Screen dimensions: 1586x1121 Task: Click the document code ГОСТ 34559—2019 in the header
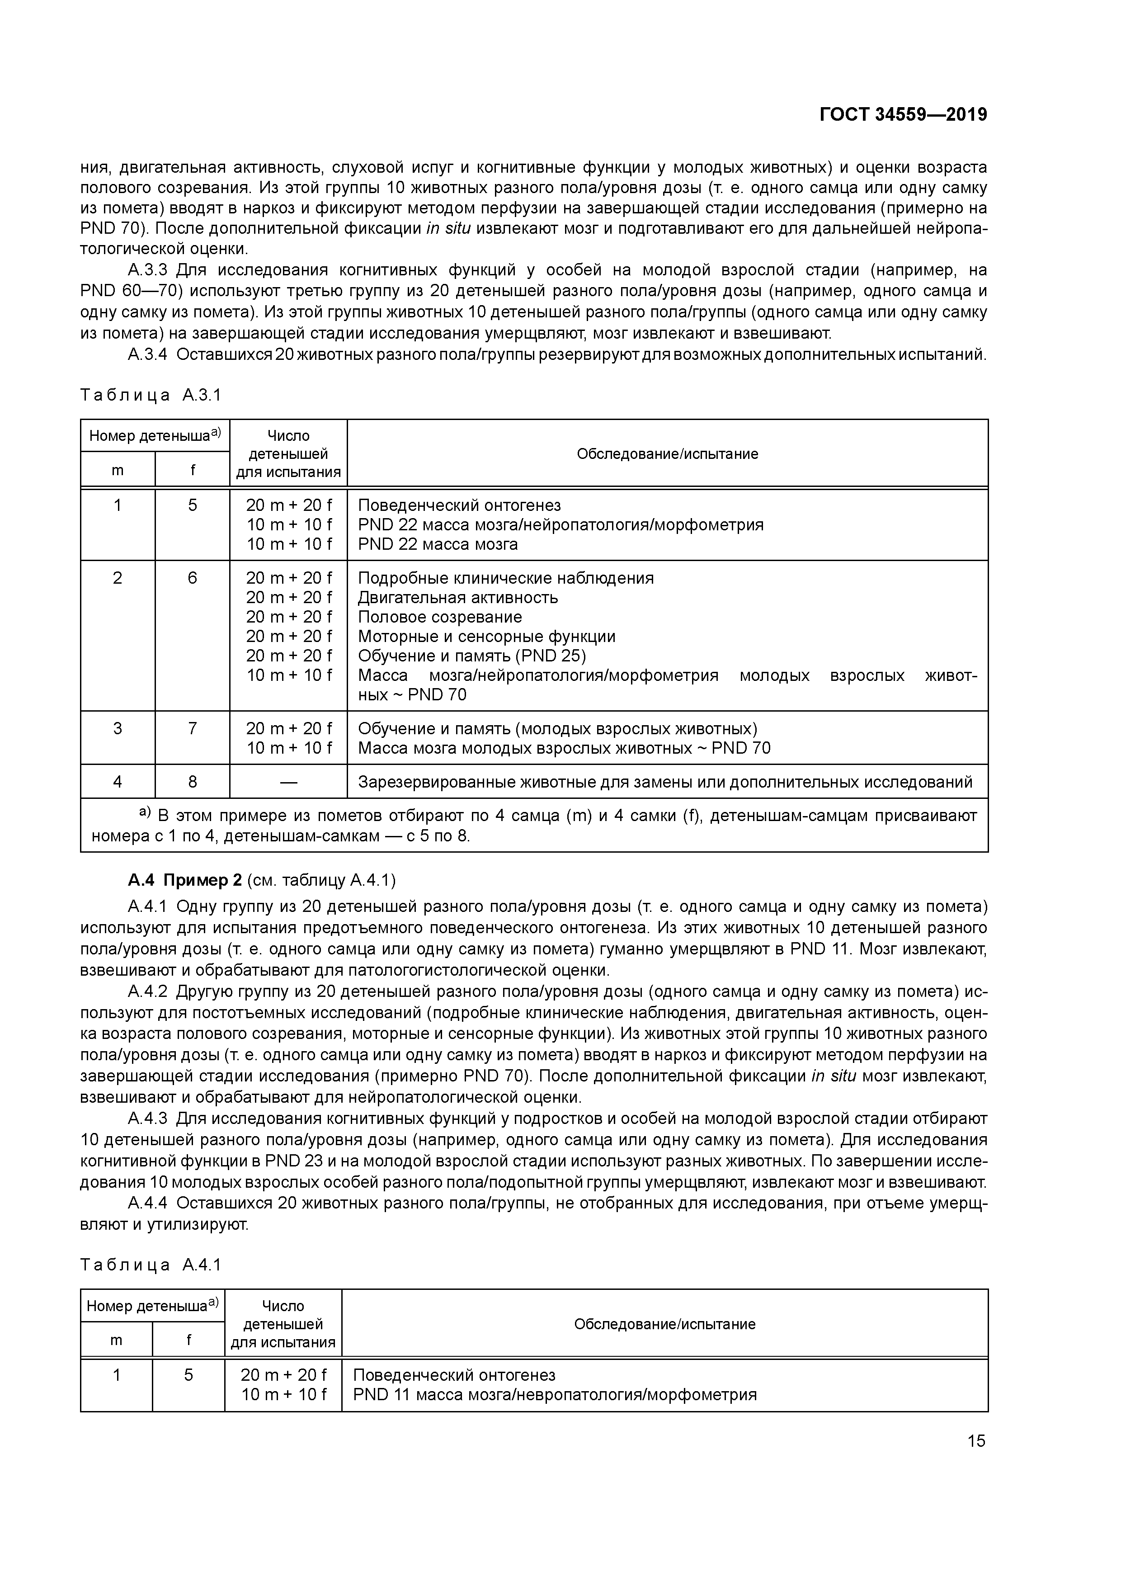point(903,115)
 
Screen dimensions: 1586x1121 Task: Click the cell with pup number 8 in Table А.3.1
point(192,781)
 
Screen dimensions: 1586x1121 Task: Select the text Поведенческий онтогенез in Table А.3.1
point(459,505)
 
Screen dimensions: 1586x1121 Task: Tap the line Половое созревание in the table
point(439,617)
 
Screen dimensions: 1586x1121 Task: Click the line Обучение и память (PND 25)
point(472,656)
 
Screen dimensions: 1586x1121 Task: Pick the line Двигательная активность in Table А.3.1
point(457,598)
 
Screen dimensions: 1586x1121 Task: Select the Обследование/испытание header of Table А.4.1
point(664,1323)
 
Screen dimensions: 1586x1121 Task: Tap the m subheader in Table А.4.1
point(116,1340)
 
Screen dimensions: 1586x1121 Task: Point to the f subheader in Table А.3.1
point(192,470)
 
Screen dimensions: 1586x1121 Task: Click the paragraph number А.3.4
point(147,355)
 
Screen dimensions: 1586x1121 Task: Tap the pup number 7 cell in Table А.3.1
point(192,728)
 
